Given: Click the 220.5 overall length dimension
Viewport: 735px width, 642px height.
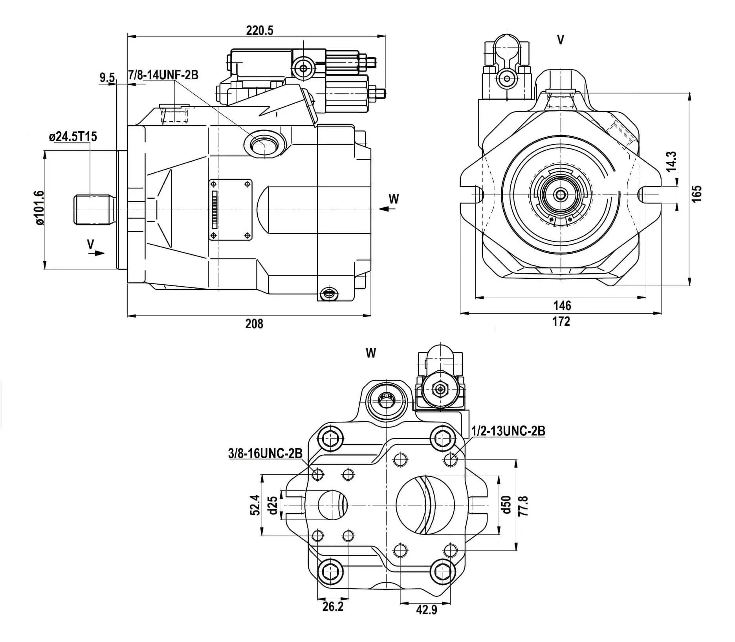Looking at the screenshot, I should point(259,30).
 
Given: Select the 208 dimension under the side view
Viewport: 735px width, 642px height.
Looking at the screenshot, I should point(254,324).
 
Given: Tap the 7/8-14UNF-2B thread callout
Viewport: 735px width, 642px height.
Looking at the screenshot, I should point(163,75).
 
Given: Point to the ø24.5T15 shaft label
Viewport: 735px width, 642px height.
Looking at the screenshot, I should point(73,137).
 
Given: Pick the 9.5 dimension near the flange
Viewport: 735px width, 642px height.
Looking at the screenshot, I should point(107,78).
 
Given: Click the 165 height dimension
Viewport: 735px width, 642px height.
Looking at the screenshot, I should point(697,193).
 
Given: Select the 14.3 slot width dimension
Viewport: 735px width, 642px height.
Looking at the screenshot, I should point(671,161).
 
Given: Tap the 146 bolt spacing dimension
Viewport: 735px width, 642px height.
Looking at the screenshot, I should point(562,305).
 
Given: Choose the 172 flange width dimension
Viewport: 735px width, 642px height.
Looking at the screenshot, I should point(561,321).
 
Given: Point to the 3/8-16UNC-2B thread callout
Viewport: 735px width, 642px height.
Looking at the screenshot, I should point(266,454).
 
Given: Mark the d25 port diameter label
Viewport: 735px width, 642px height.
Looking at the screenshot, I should point(273,505).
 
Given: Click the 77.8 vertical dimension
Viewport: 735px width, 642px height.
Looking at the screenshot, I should point(524,506).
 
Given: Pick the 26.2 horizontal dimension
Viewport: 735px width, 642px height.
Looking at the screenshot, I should point(333,607).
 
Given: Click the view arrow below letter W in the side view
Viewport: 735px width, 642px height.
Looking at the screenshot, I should point(387,209).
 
